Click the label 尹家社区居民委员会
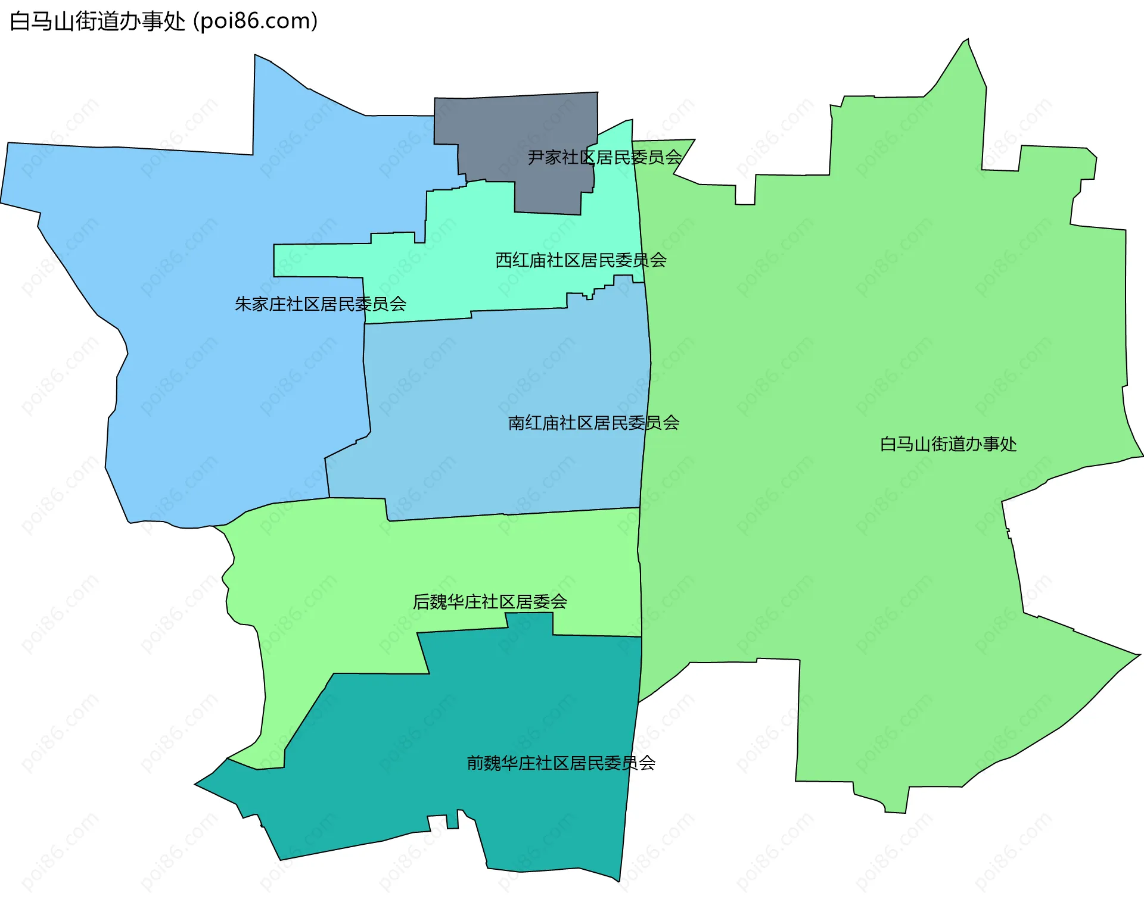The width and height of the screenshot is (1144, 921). coord(605,158)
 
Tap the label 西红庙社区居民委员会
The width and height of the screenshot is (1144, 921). coord(581,260)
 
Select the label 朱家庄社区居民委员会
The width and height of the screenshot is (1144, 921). coord(321,304)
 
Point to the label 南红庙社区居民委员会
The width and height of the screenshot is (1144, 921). coord(593,423)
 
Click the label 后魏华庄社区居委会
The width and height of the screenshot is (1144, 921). coord(490,602)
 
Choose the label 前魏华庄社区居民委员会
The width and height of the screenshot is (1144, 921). coord(561,763)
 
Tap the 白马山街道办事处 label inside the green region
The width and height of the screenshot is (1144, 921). coord(948,444)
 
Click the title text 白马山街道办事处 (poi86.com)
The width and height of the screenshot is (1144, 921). coord(164,21)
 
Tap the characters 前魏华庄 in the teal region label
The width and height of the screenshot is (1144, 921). coord(501,763)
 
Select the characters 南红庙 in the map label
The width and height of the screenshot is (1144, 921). coord(533,423)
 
